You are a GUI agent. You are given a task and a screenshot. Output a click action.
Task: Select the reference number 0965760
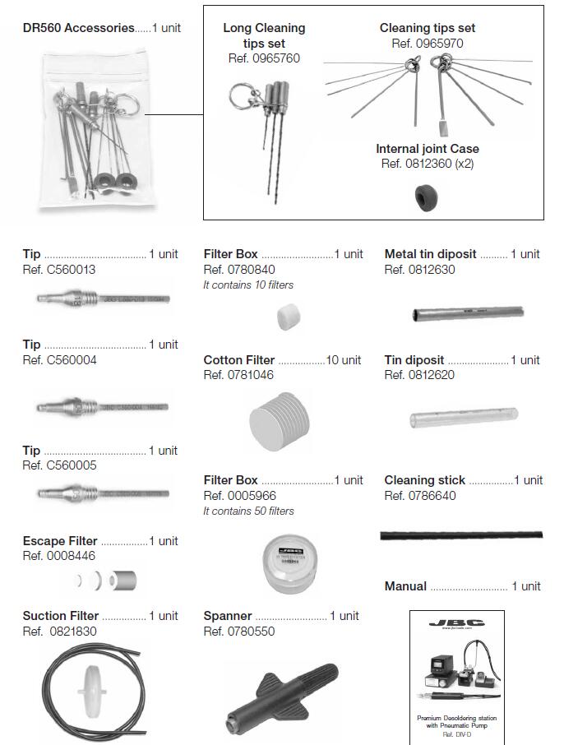[264, 58]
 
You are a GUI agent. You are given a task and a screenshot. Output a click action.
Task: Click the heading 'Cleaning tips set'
[427, 28]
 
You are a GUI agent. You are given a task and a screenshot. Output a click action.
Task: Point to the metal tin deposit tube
[466, 313]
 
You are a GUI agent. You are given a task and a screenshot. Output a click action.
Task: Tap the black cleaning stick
[460, 535]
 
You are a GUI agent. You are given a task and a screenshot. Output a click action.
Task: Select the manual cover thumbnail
[456, 673]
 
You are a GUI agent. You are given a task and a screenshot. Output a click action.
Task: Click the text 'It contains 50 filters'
[248, 511]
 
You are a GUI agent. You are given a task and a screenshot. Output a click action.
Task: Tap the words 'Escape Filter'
[60, 541]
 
